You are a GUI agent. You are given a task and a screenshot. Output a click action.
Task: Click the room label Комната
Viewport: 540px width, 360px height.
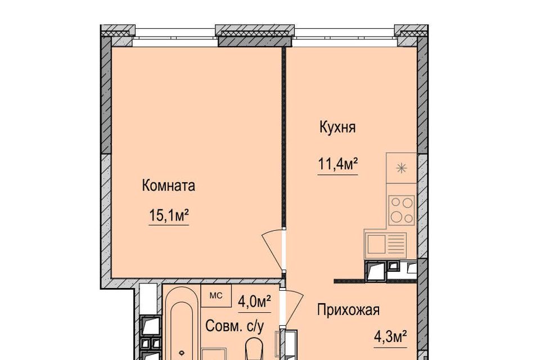pyautogui.click(x=168, y=186)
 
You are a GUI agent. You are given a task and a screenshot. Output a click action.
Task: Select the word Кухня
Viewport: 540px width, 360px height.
pyautogui.click(x=337, y=128)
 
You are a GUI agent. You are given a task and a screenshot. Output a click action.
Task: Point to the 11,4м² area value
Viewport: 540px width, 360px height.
pyautogui.click(x=337, y=164)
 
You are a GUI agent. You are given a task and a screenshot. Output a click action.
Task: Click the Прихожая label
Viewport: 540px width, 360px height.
pyautogui.click(x=348, y=310)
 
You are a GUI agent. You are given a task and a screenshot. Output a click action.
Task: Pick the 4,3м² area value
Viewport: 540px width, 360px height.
pyautogui.click(x=390, y=336)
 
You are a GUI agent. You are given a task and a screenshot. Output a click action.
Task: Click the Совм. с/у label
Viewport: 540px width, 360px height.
pyautogui.click(x=235, y=326)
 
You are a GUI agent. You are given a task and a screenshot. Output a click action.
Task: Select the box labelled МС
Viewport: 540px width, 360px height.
pyautogui.click(x=216, y=295)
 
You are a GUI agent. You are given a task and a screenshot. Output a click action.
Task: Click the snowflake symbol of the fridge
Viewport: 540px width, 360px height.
pyautogui.click(x=401, y=168)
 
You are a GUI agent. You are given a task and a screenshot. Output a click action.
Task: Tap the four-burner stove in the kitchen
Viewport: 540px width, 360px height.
pyautogui.click(x=402, y=210)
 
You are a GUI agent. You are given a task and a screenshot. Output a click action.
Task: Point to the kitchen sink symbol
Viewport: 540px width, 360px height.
pyautogui.click(x=386, y=244)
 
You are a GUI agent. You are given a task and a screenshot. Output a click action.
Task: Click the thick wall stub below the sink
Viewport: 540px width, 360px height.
pyautogui.click(x=349, y=281)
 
